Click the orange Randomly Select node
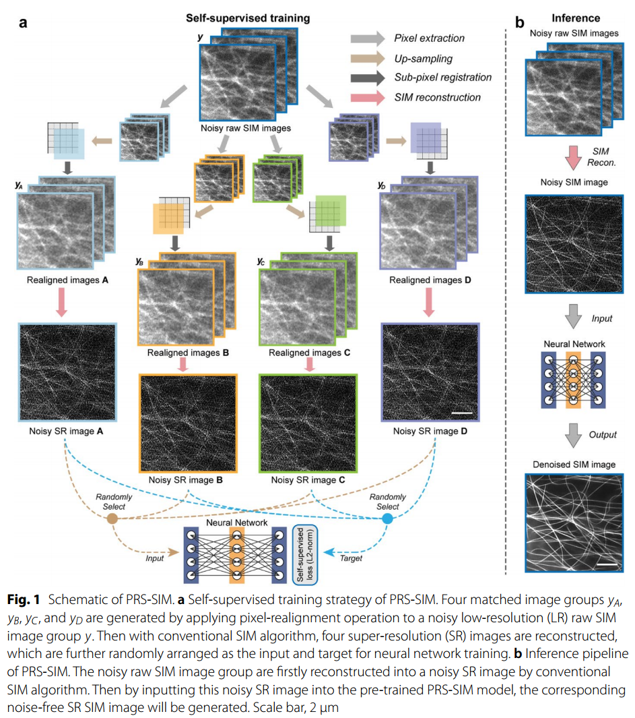[112, 518]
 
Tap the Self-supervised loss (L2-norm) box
[306, 553]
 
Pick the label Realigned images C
[306, 353]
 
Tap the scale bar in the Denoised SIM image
[607, 561]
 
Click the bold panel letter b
[520, 22]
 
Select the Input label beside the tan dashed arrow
[156, 558]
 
